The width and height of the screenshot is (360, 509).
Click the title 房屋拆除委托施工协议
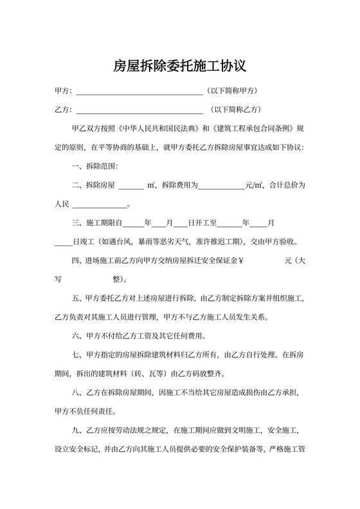pos(180,66)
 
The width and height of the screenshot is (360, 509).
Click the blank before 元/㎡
pos(221,186)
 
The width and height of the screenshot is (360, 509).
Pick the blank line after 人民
pos(100,206)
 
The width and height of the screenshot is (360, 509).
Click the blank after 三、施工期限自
pos(133,224)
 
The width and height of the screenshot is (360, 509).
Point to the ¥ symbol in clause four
pos(241,262)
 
